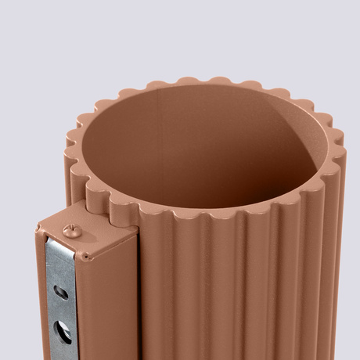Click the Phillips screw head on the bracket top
[72, 229]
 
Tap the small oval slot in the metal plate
[61, 293]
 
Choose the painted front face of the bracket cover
[110, 305]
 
